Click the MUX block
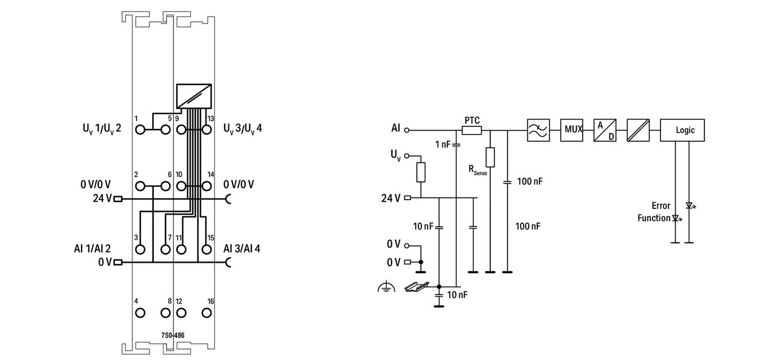point(571,130)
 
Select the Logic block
point(682,130)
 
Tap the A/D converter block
point(605,130)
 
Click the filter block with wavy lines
point(538,130)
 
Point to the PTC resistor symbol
point(472,130)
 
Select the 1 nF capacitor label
point(442,144)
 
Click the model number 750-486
point(173,336)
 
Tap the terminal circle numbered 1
point(140,130)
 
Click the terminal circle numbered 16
point(206,313)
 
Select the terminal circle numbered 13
point(206,130)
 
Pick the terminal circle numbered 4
point(140,313)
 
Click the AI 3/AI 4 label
point(242,249)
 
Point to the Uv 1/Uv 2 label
point(98,130)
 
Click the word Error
point(661,206)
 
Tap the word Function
point(654,218)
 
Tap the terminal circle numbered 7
point(165,249)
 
